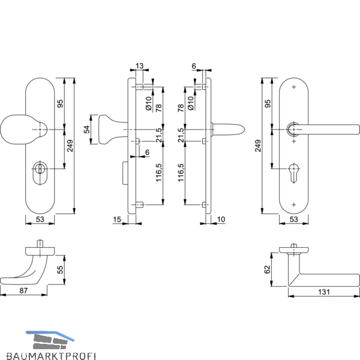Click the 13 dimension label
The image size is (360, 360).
(139, 66)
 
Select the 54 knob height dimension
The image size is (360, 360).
(87, 130)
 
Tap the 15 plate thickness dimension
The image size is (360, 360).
(117, 220)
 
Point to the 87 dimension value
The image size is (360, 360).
(23, 290)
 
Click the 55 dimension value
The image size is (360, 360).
(60, 269)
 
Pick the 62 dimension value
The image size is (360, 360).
(268, 269)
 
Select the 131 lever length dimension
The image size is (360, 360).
(324, 292)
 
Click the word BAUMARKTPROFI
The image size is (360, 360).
(51, 356)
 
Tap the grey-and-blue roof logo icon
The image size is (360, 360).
(50, 340)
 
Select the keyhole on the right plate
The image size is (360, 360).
(293, 173)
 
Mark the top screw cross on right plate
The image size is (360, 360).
(293, 87)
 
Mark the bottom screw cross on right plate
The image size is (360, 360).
(293, 205)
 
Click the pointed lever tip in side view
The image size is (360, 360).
(244, 130)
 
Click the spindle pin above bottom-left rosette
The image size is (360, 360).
(40, 244)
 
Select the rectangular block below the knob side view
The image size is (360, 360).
(125, 173)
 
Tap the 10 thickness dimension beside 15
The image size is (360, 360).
(221, 220)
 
